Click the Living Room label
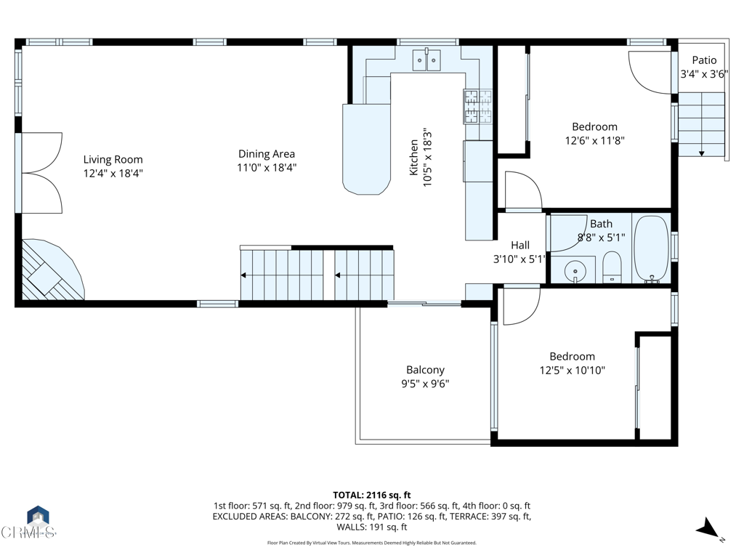tap(113, 160)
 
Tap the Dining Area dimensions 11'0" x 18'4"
tap(267, 167)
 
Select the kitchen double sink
tap(426, 60)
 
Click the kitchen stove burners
tap(477, 105)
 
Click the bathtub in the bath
tap(651, 248)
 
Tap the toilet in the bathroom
tap(612, 267)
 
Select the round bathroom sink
tap(575, 270)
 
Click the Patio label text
tap(703, 60)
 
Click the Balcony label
tap(425, 370)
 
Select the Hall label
tap(519, 246)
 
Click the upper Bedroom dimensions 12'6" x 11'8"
tap(594, 141)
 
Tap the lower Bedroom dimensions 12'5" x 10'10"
tap(572, 370)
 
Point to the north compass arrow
tap(709, 530)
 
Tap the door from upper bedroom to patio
tap(650, 73)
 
